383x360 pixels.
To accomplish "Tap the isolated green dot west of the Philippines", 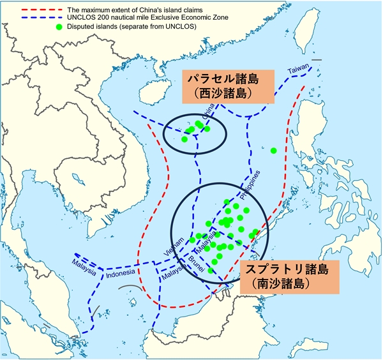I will click(x=274, y=151).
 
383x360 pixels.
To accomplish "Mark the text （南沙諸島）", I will click(x=290, y=281).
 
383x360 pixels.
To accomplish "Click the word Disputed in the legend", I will click(x=91, y=27).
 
